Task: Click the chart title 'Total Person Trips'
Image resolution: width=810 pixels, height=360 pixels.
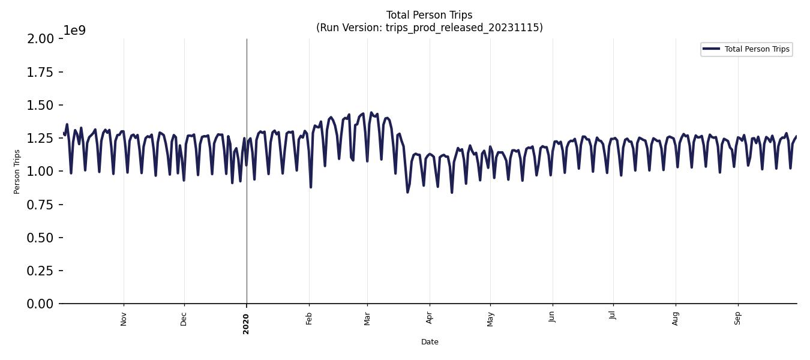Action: (x=429, y=15)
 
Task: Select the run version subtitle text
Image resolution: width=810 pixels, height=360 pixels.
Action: (x=429, y=28)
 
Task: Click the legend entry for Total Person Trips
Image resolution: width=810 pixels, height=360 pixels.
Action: (x=757, y=49)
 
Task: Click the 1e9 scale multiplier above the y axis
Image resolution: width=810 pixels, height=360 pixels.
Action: (x=74, y=31)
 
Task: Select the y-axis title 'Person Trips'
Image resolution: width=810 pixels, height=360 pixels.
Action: (x=17, y=172)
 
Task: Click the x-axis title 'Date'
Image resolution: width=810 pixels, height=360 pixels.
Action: (x=430, y=342)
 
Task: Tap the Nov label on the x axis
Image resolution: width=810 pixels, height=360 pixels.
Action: (x=124, y=319)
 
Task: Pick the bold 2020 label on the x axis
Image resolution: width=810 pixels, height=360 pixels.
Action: (x=246, y=323)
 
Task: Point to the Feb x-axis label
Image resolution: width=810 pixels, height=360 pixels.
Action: (x=309, y=318)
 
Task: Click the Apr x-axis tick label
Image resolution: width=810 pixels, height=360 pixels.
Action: (x=430, y=318)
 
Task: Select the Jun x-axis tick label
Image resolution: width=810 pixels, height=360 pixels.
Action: (x=552, y=317)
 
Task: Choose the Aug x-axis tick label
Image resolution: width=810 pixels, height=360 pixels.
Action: (x=676, y=318)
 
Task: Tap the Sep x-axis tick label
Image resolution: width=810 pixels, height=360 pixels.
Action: (x=738, y=318)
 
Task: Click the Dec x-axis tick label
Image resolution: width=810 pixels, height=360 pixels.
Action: (x=184, y=318)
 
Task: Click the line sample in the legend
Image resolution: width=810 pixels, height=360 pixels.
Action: (x=711, y=49)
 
